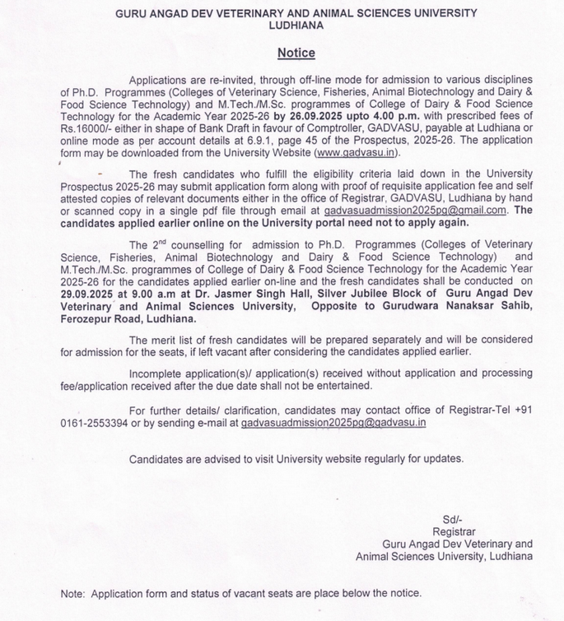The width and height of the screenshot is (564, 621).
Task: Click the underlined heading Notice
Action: click(296, 53)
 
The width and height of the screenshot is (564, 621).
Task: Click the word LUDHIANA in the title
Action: click(296, 25)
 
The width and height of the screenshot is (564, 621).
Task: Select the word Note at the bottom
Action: click(73, 593)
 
